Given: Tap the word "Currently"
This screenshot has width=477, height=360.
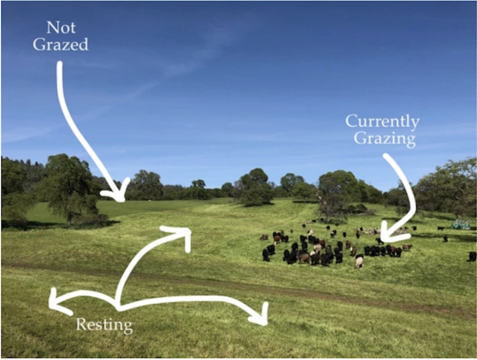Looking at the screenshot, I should click(382, 122).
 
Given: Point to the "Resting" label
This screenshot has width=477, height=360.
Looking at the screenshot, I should click(104, 326).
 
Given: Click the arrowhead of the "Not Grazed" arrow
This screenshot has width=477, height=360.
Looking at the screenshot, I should click(119, 193).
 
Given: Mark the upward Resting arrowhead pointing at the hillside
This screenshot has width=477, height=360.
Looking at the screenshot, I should click(182, 236).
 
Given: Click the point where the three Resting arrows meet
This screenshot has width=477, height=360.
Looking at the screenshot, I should click(118, 307).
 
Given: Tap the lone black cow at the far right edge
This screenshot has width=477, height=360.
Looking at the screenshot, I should click(472, 256).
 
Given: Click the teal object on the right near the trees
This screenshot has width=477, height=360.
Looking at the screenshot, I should click(461, 224).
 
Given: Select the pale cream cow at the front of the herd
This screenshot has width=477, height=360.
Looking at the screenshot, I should click(359, 261).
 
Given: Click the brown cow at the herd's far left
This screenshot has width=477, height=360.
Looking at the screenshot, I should click(264, 237).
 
